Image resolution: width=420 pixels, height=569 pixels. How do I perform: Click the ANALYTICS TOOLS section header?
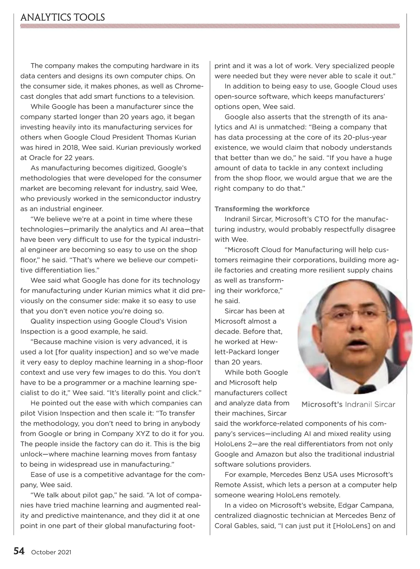click(63, 17)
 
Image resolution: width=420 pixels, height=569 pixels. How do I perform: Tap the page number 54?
click(19, 551)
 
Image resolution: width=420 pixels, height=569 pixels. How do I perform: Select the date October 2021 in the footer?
click(51, 552)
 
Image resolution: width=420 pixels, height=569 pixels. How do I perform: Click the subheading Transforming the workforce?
click(262, 209)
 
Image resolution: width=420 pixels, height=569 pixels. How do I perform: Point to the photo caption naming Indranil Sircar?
click(348, 405)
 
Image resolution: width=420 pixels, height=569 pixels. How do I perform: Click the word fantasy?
click(182, 454)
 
